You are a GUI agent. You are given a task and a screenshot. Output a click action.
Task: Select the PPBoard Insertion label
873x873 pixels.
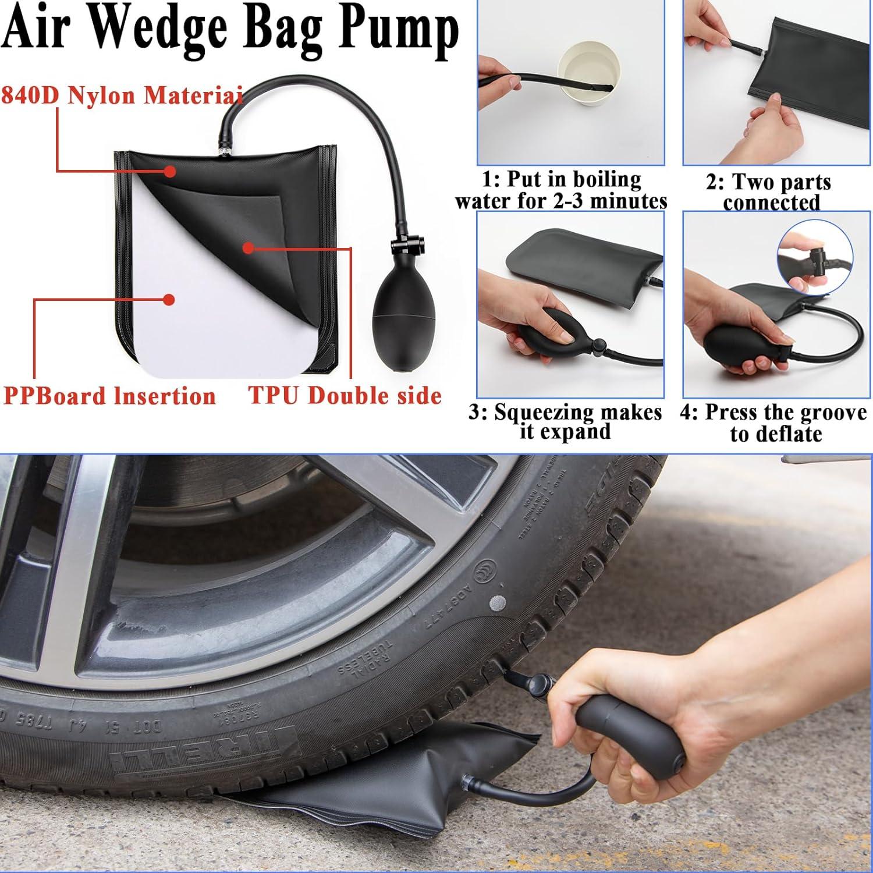tap(109, 396)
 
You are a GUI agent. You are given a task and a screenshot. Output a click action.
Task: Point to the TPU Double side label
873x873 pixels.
tap(345, 396)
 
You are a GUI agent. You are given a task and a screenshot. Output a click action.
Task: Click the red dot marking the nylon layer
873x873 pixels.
tap(169, 171)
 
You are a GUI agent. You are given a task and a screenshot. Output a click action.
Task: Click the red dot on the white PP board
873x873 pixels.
tap(169, 300)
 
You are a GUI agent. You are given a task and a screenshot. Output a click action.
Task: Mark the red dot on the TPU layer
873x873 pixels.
tap(249, 248)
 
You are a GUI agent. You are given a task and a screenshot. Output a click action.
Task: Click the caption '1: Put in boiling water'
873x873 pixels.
tap(561, 190)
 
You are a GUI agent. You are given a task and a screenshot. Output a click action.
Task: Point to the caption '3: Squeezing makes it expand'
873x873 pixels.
tap(565, 422)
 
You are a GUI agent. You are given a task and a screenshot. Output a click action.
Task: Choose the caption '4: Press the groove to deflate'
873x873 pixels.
tap(773, 423)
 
